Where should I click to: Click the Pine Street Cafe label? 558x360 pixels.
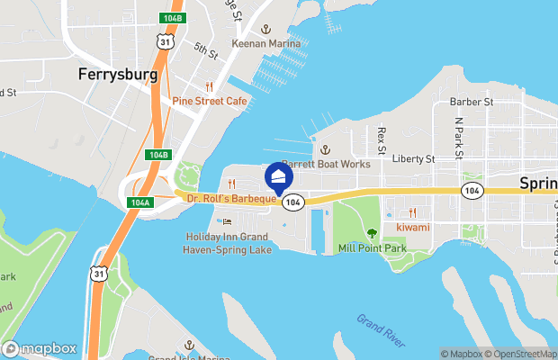pyautogui.click(x=210, y=102)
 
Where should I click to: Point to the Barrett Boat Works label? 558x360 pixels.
pyautogui.click(x=326, y=165)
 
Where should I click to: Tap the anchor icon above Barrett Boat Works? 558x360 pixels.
pyautogui.click(x=326, y=149)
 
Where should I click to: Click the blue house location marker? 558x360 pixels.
pyautogui.click(x=279, y=175)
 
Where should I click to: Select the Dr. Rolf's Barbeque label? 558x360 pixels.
pyautogui.click(x=225, y=199)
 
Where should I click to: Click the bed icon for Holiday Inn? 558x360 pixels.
pyautogui.click(x=228, y=221)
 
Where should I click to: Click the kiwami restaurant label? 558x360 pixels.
pyautogui.click(x=412, y=227)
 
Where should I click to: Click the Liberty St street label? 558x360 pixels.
pyautogui.click(x=414, y=159)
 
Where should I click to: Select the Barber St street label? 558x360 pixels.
pyautogui.click(x=473, y=103)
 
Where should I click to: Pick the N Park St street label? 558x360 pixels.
pyautogui.click(x=458, y=137)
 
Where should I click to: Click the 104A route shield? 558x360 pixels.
pyautogui.click(x=139, y=202)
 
